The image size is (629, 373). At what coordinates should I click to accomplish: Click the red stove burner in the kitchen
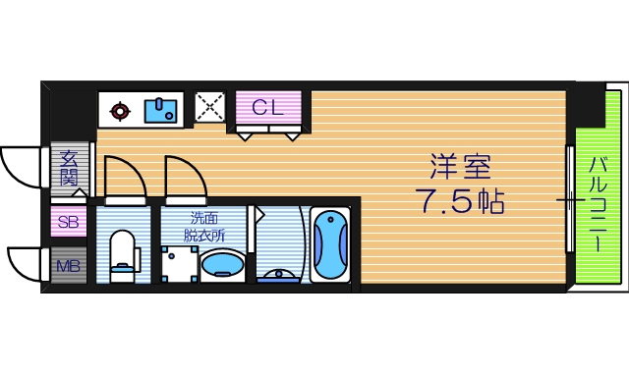click(119, 111)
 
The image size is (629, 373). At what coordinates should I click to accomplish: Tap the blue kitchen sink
click(160, 110)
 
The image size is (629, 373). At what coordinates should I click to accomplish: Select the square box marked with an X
click(208, 107)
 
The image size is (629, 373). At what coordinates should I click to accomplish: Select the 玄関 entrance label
click(68, 168)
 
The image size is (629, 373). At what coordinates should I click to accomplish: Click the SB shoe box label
click(68, 222)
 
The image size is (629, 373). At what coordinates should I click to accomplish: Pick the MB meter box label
click(67, 265)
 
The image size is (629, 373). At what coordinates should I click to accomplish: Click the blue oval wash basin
click(223, 266)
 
